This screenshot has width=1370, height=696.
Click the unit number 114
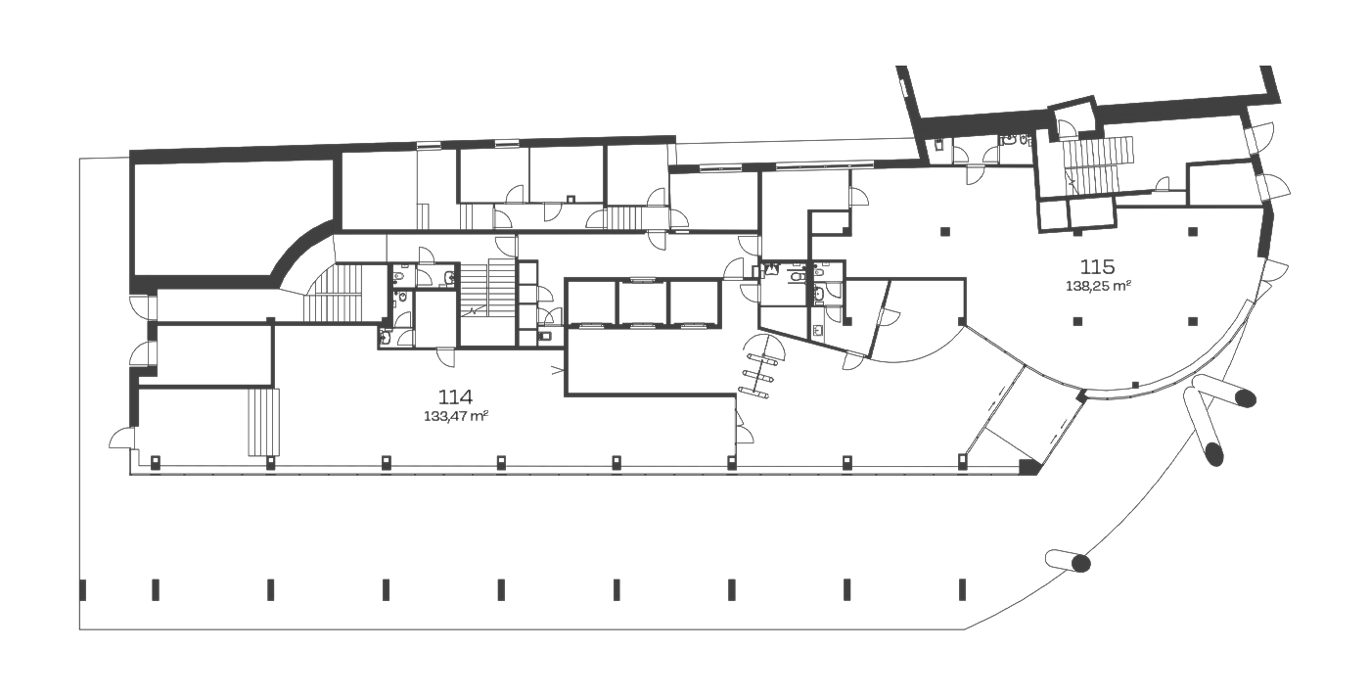tap(456, 396)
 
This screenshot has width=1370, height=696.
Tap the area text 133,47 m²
tap(456, 416)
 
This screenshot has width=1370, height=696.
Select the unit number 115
tap(1097, 266)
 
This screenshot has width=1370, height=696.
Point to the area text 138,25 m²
tap(1098, 286)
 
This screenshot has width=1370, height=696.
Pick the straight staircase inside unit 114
tap(263, 422)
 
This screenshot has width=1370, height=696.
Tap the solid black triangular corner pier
tap(1028, 467)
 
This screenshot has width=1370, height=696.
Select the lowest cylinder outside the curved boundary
tap(1068, 561)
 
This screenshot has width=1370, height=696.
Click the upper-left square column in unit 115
tap(945, 232)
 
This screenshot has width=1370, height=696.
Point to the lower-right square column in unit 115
tap(1193, 321)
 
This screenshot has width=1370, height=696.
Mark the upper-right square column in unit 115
tap(1193, 231)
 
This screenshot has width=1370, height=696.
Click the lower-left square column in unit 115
tap(1077, 321)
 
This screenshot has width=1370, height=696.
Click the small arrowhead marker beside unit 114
tap(557, 369)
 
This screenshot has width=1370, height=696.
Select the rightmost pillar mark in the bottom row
tap(963, 589)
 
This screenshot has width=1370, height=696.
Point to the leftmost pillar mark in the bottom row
tap(82, 589)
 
